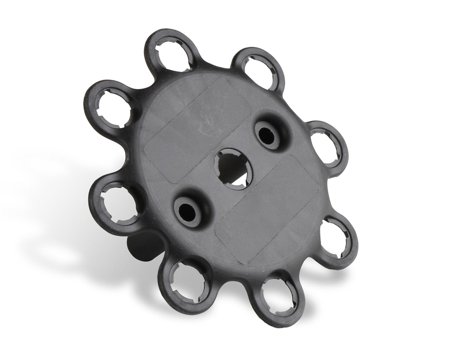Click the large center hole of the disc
coord(232,168)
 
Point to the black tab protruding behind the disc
coord(143,247)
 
